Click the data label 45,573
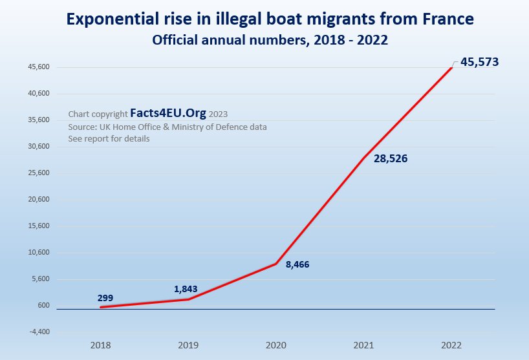tap(479, 63)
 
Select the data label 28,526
tap(390, 158)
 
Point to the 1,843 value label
tap(186, 289)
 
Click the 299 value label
tap(105, 298)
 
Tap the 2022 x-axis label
tap(452, 346)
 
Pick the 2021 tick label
tap(363, 346)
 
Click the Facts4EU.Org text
tap(168, 113)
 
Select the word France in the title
tap(446, 20)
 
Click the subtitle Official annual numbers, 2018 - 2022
tap(270, 41)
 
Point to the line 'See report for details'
tap(109, 139)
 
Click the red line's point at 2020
tap(276, 264)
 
